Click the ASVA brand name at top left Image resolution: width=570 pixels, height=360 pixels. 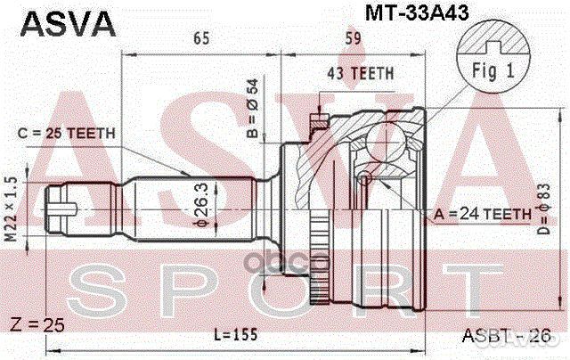pyautogui.click(x=60, y=21)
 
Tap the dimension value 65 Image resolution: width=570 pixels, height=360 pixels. pyautogui.click(x=201, y=37)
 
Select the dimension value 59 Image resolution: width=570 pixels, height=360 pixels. pyautogui.click(x=353, y=37)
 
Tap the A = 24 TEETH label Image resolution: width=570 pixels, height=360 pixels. pyautogui.click(x=484, y=213)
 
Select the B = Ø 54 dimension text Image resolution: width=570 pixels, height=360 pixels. pyautogui.click(x=251, y=105)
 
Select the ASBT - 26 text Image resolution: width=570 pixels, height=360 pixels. pyautogui.click(x=501, y=335)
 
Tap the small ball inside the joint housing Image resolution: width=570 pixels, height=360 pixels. pyautogui.click(x=364, y=179)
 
